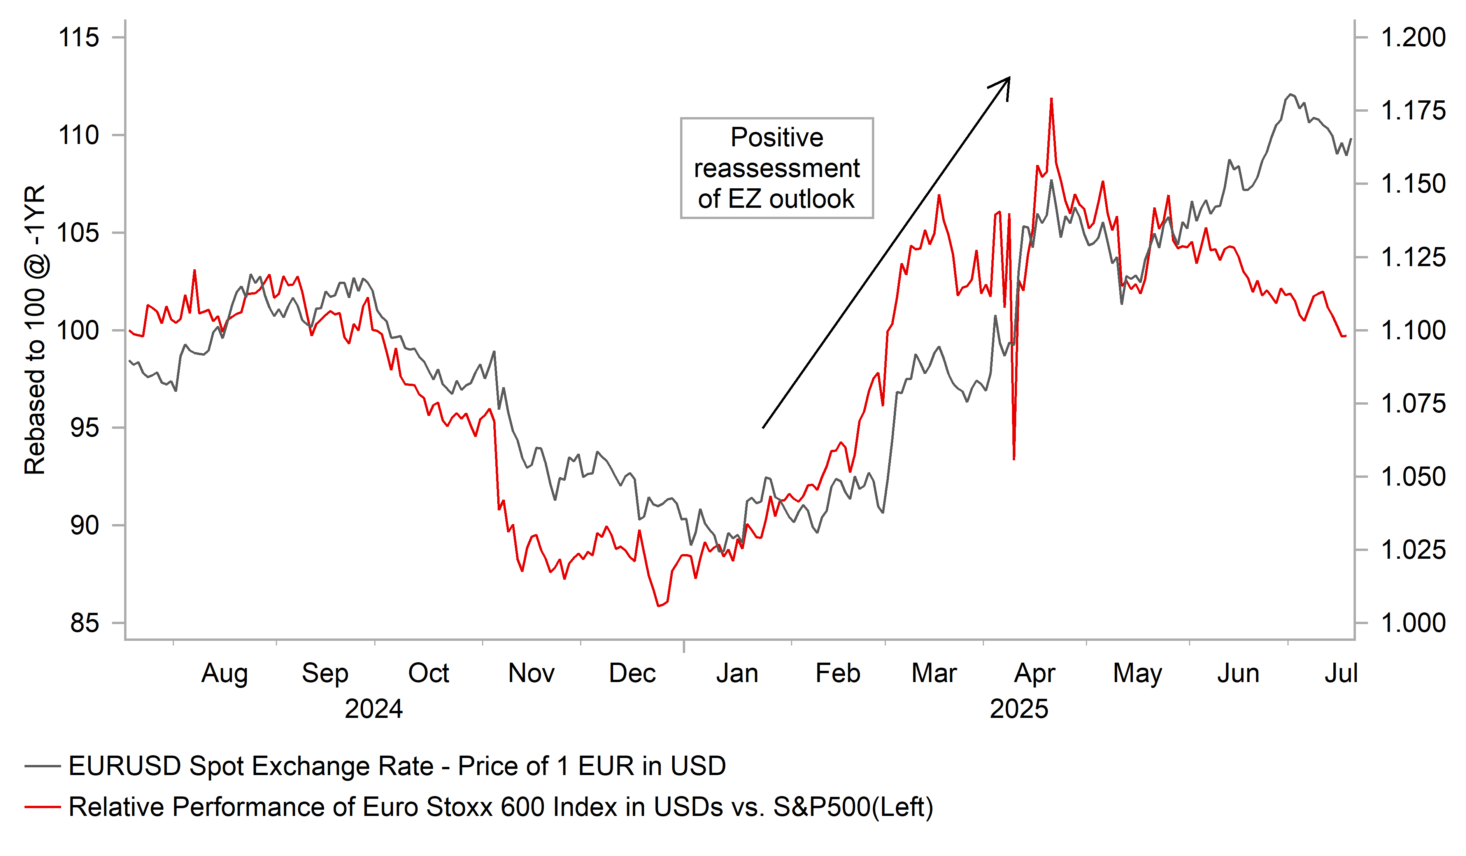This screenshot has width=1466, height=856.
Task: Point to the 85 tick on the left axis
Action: pos(84,623)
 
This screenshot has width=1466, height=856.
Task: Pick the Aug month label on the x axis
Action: pos(224,673)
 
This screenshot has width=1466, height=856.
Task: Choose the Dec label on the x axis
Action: pos(632,673)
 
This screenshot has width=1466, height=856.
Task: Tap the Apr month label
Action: pos(1035,673)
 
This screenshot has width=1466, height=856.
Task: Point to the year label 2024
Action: pos(374,709)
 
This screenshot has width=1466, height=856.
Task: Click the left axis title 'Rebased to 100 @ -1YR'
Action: pos(35,330)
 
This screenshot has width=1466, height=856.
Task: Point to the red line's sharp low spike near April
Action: pos(1014,459)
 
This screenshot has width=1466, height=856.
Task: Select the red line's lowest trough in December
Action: pos(659,606)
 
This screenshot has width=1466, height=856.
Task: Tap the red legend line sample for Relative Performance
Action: pos(42,807)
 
